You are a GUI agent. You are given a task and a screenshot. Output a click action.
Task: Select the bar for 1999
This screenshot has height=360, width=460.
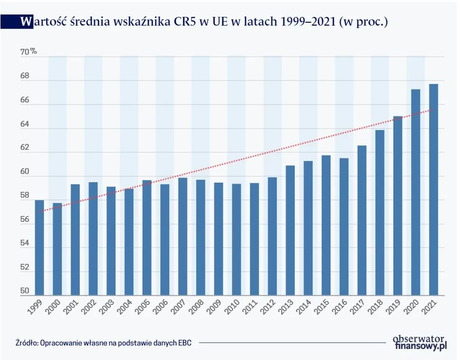click(x=40, y=247)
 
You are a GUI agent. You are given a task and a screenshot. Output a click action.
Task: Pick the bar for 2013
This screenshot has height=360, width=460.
click(x=290, y=230)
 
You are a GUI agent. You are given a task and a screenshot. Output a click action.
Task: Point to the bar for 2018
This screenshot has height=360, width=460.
click(x=379, y=213)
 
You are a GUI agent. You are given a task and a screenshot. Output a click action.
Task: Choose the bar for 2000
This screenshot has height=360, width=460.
click(x=57, y=249)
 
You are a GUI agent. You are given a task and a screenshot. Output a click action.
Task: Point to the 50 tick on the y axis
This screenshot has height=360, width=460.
click(x=25, y=291)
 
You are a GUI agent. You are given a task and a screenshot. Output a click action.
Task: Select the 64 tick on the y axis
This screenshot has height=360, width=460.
click(x=25, y=124)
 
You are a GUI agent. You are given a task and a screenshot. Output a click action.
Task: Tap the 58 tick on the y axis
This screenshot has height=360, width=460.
click(x=25, y=196)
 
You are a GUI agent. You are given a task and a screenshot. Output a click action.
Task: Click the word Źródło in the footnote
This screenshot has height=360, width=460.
click(x=27, y=343)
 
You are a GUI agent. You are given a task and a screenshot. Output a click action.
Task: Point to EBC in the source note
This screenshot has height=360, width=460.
click(x=185, y=343)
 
